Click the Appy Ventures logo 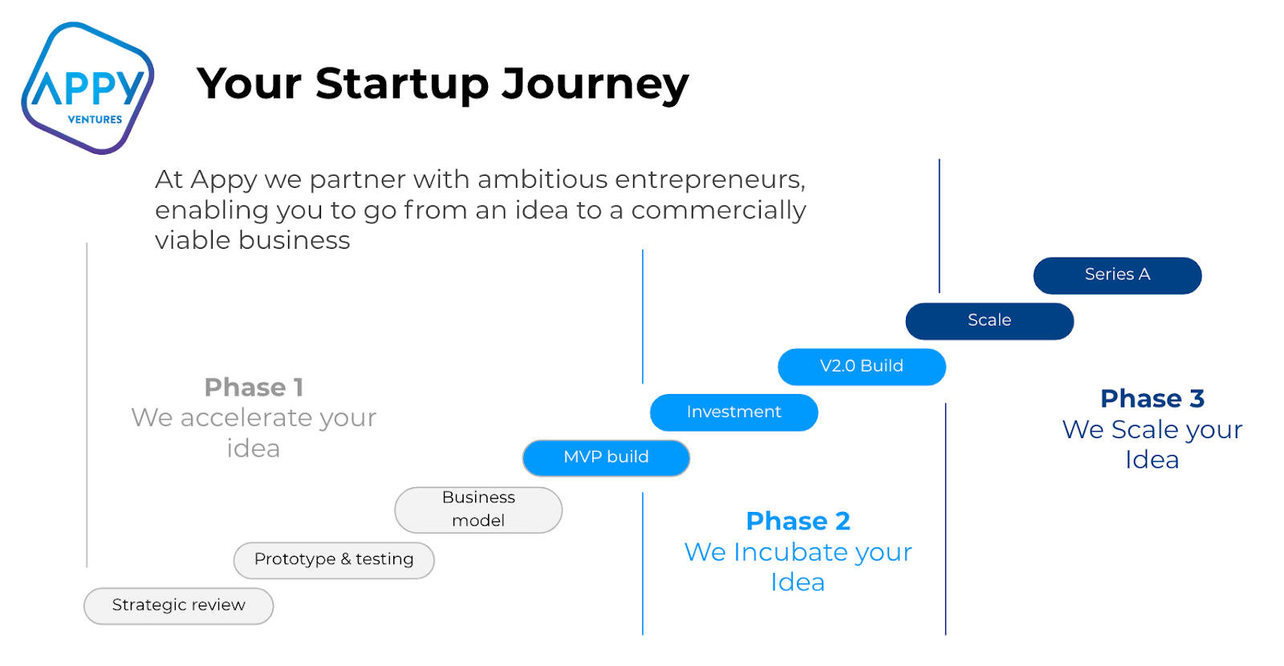pyautogui.click(x=87, y=87)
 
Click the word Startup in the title pyautogui.click(x=402, y=85)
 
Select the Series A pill pyautogui.click(x=1117, y=275)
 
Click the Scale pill pyautogui.click(x=989, y=321)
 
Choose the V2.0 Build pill pyautogui.click(x=862, y=367)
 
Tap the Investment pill pyautogui.click(x=733, y=412)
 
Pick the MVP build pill pyautogui.click(x=606, y=458)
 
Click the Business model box pyautogui.click(x=478, y=510)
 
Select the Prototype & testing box pyautogui.click(x=334, y=560)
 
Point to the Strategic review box pyautogui.click(x=178, y=606)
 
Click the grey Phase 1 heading pyautogui.click(x=254, y=388)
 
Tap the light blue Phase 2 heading pyautogui.click(x=798, y=522)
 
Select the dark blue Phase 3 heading pyautogui.click(x=1152, y=399)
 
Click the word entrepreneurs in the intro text pyautogui.click(x=710, y=180)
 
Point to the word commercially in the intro pyautogui.click(x=719, y=211)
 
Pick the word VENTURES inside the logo pyautogui.click(x=95, y=120)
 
